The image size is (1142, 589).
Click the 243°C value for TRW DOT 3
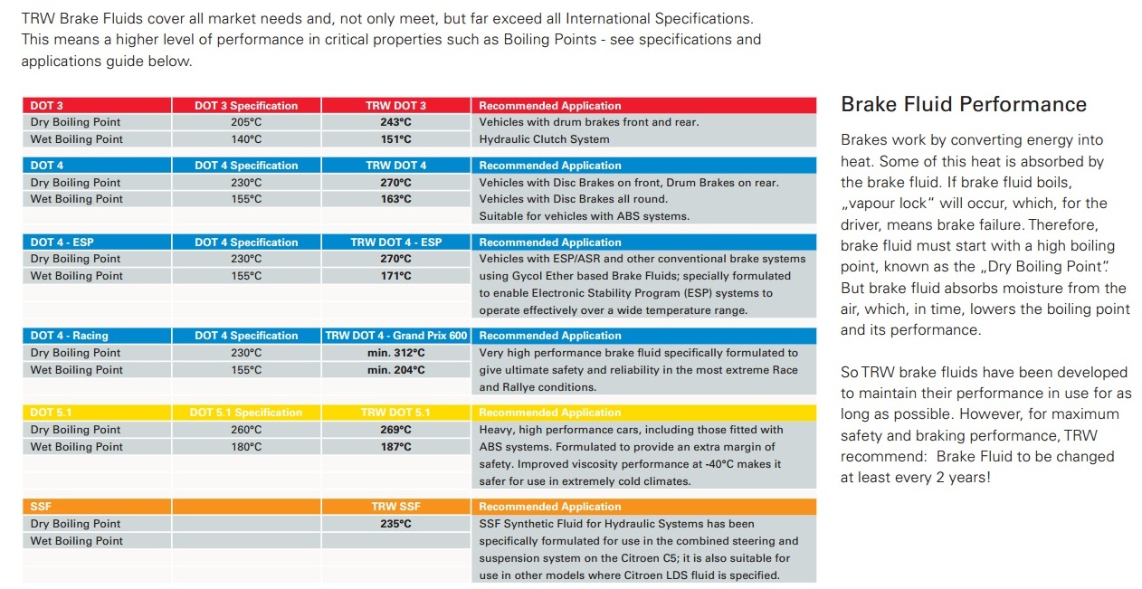[x=395, y=122]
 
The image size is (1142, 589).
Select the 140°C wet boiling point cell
[x=246, y=139]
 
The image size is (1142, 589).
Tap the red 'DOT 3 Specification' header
[x=246, y=106]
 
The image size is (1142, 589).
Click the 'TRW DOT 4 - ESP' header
[x=395, y=242]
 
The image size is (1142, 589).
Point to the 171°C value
[x=395, y=276]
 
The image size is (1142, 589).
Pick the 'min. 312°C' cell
[x=395, y=353]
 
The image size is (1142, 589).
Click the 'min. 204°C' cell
[x=395, y=370]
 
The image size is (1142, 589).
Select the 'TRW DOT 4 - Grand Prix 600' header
[x=396, y=336]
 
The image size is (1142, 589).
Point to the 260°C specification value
[x=246, y=430]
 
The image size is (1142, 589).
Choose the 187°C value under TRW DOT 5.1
[x=395, y=447]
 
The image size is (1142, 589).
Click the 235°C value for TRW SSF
[x=395, y=524]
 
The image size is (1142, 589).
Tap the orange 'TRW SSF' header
[x=395, y=507]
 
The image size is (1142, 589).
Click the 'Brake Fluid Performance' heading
[x=964, y=105]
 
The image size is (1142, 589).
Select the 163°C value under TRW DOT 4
[x=395, y=199]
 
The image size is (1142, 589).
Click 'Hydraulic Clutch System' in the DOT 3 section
[x=544, y=139]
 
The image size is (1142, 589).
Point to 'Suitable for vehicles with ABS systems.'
[x=585, y=216]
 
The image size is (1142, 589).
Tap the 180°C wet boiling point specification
[x=246, y=447]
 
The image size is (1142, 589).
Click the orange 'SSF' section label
[x=41, y=507]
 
